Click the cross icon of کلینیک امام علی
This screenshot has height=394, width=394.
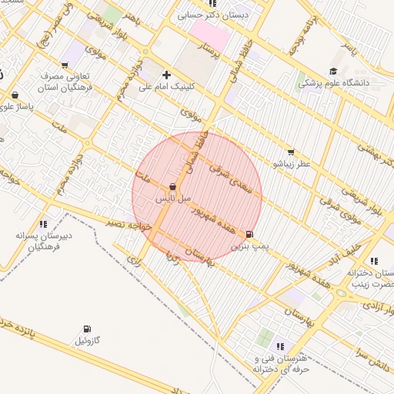tap(167, 75)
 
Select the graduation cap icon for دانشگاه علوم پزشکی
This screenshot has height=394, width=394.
tap(333, 71)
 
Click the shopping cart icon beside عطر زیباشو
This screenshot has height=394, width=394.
tap(290, 152)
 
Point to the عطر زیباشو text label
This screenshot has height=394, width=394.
tap(289, 164)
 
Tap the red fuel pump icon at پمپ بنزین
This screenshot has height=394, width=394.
tap(249, 235)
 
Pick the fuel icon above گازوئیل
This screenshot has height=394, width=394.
tap(85, 329)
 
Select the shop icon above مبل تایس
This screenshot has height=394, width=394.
tap(172, 187)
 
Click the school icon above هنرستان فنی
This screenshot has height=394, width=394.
tap(280, 346)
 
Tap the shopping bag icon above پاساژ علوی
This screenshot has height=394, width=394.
tap(15, 95)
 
